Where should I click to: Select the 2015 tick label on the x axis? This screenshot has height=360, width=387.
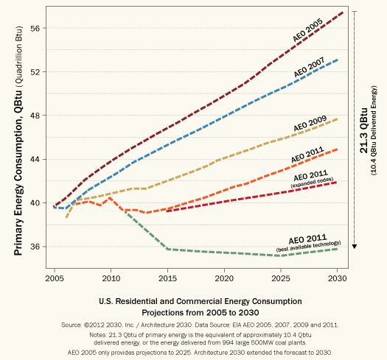168,280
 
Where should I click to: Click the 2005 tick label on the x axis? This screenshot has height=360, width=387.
55,280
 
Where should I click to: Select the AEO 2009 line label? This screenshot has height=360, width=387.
309,125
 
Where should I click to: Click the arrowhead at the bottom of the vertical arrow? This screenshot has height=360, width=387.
355,246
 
